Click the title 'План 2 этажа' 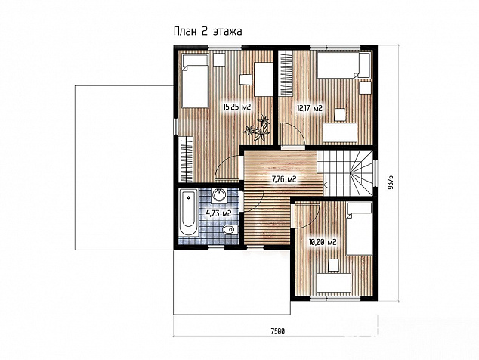[208, 31]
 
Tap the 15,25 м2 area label [237, 107]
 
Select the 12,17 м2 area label [310, 108]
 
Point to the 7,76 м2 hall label [284, 179]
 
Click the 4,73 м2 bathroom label [218, 213]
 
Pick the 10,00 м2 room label [323, 243]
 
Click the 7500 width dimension [278, 331]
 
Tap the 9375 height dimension [390, 182]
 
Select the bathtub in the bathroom [188, 213]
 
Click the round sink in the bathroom [219, 195]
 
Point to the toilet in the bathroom [230, 229]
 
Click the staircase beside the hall [345, 172]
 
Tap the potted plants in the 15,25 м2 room [257, 127]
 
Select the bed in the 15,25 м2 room [195, 81]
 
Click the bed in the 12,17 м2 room [344, 66]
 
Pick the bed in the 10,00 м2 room [360, 229]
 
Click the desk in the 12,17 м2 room [340, 132]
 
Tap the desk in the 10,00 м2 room [334, 283]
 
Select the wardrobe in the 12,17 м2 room [286, 74]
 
